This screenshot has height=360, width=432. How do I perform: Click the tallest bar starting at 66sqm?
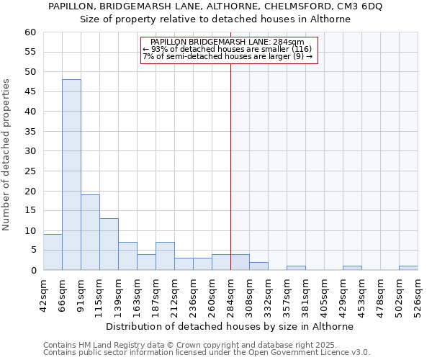71,175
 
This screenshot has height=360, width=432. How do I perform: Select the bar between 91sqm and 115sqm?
90,233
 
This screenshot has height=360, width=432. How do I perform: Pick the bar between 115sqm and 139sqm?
109,244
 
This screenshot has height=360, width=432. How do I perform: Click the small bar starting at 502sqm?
408,268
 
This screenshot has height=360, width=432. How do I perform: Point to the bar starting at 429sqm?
352,268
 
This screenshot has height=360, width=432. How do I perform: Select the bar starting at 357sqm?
296,268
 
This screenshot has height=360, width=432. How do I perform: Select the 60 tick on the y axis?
30,32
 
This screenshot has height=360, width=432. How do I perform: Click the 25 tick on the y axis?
30,171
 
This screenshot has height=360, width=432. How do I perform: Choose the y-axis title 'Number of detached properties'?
6,155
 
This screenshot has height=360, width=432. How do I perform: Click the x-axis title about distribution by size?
235,326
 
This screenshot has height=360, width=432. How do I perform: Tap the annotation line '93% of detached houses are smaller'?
228,49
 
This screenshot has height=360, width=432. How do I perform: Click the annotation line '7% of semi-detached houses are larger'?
228,56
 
